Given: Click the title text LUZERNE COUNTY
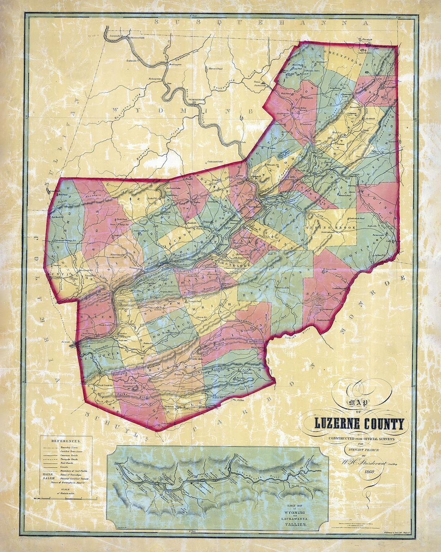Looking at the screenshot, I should [359, 424].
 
